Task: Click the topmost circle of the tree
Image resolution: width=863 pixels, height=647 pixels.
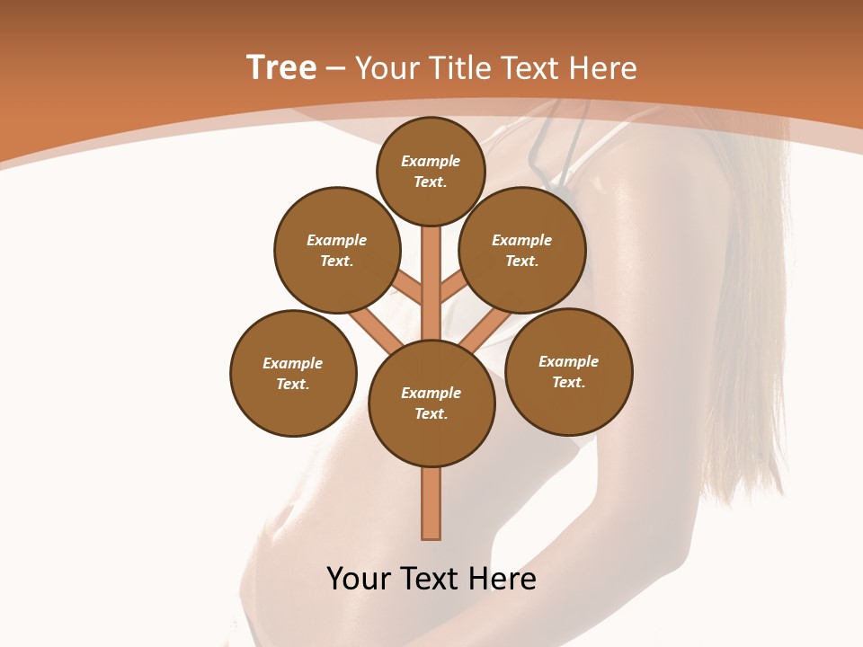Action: point(431,171)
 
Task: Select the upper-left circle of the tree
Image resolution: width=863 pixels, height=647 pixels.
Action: point(337,250)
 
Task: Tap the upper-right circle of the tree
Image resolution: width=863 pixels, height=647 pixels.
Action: point(522,250)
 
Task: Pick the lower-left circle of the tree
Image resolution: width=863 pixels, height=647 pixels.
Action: point(293,373)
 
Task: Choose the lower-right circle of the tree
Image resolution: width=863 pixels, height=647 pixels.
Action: point(569,371)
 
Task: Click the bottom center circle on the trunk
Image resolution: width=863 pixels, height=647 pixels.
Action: point(431,403)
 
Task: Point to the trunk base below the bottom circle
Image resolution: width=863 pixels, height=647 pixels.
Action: point(431,503)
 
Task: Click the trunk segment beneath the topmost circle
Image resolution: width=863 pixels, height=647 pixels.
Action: point(431,270)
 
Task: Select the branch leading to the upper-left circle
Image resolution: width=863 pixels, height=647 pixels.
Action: point(406,289)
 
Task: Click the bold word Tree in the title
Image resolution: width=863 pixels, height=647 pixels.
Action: point(281,67)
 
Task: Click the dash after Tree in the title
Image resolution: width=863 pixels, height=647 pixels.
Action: point(334,67)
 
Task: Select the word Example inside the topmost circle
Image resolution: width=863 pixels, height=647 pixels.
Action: point(431,161)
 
